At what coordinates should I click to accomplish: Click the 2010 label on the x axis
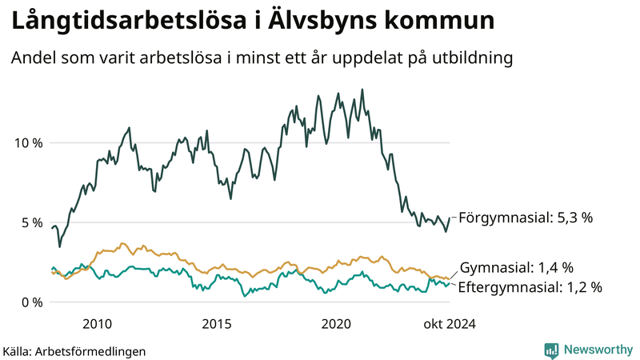pyautogui.click(x=97, y=324)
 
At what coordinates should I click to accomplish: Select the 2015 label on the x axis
pyautogui.click(x=217, y=324)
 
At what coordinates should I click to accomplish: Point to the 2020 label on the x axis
pyautogui.click(x=336, y=324)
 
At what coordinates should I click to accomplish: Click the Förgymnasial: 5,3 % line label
pyautogui.click(x=527, y=218)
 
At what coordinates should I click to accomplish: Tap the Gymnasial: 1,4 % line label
pyautogui.click(x=518, y=267)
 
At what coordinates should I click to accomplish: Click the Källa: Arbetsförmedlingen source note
pyautogui.click(x=74, y=350)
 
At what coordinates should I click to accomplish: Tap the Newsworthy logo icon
pyautogui.click(x=551, y=350)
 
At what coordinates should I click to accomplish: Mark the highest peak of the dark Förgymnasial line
pyautogui.click(x=362, y=90)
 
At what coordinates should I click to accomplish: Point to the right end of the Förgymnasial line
pyautogui.click(x=450, y=218)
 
